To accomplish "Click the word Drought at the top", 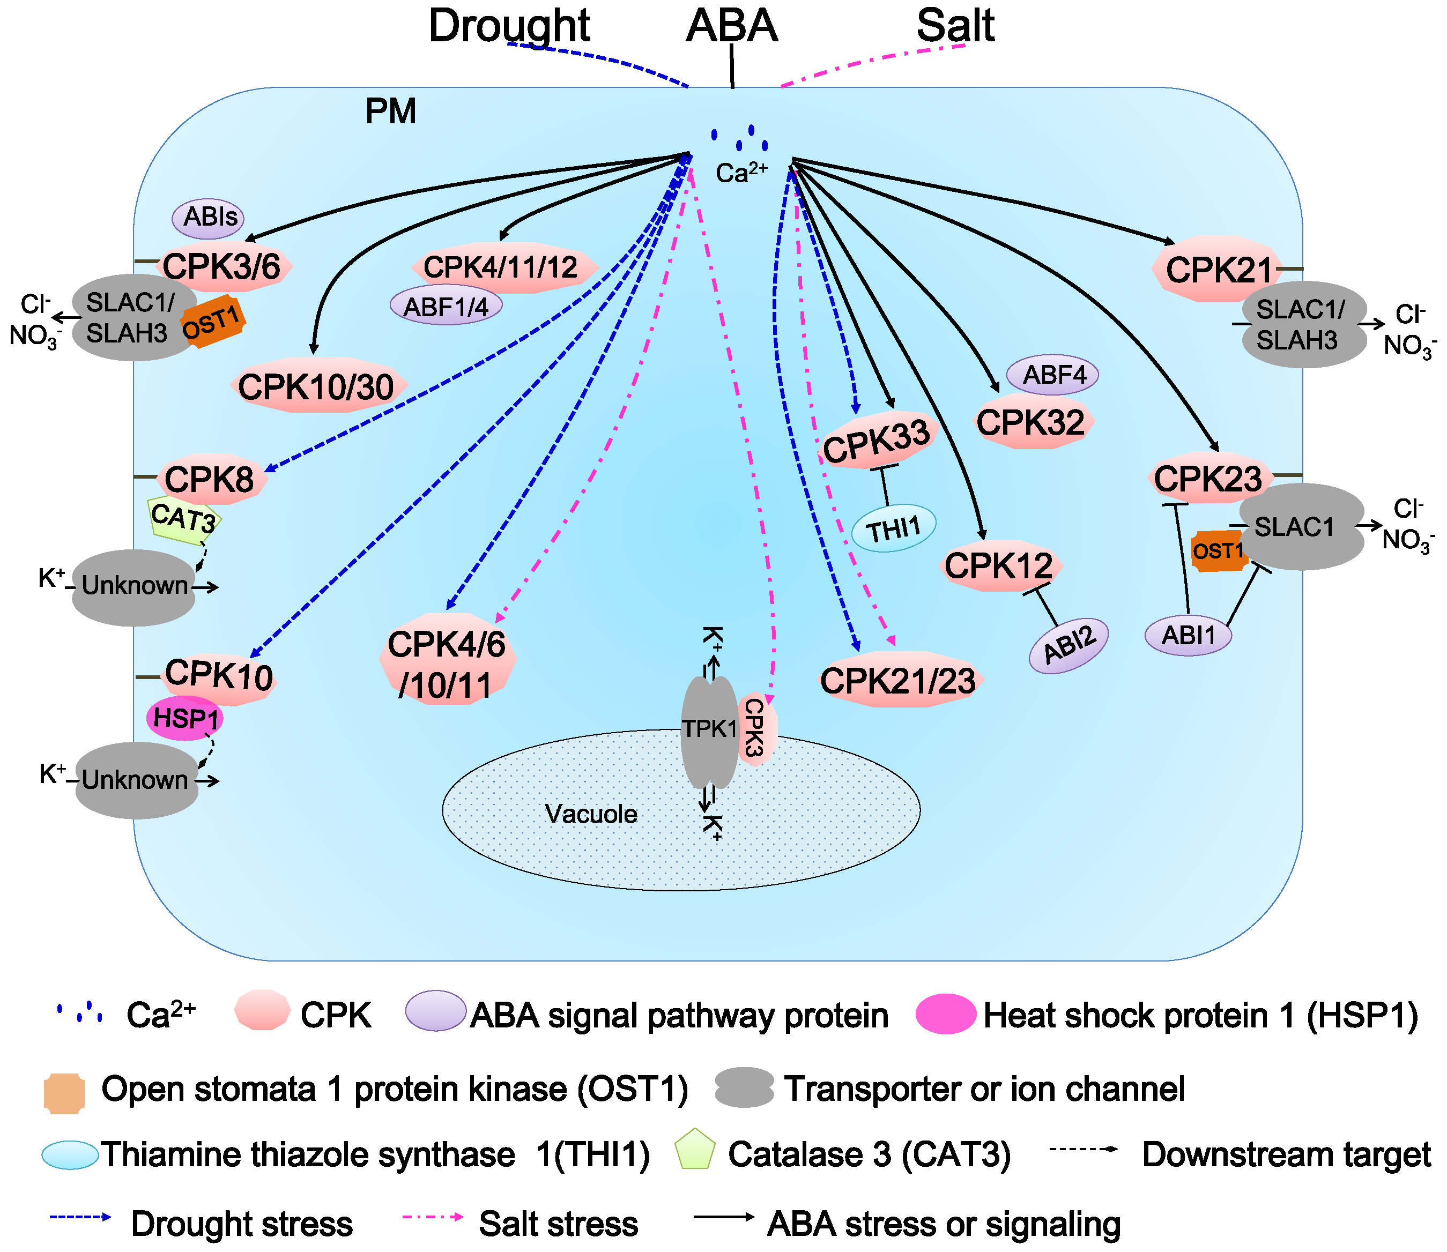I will point(509,27).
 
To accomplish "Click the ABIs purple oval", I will point(209,217).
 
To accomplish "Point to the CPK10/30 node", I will point(316,386).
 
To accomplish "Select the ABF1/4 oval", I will point(446,306).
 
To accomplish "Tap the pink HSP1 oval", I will point(184,718).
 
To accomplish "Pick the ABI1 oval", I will point(1188,635).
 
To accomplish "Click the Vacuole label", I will point(590,814).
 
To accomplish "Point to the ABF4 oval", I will point(1053,375).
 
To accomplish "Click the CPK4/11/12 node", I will point(501,267).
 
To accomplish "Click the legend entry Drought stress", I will point(242,1224).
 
